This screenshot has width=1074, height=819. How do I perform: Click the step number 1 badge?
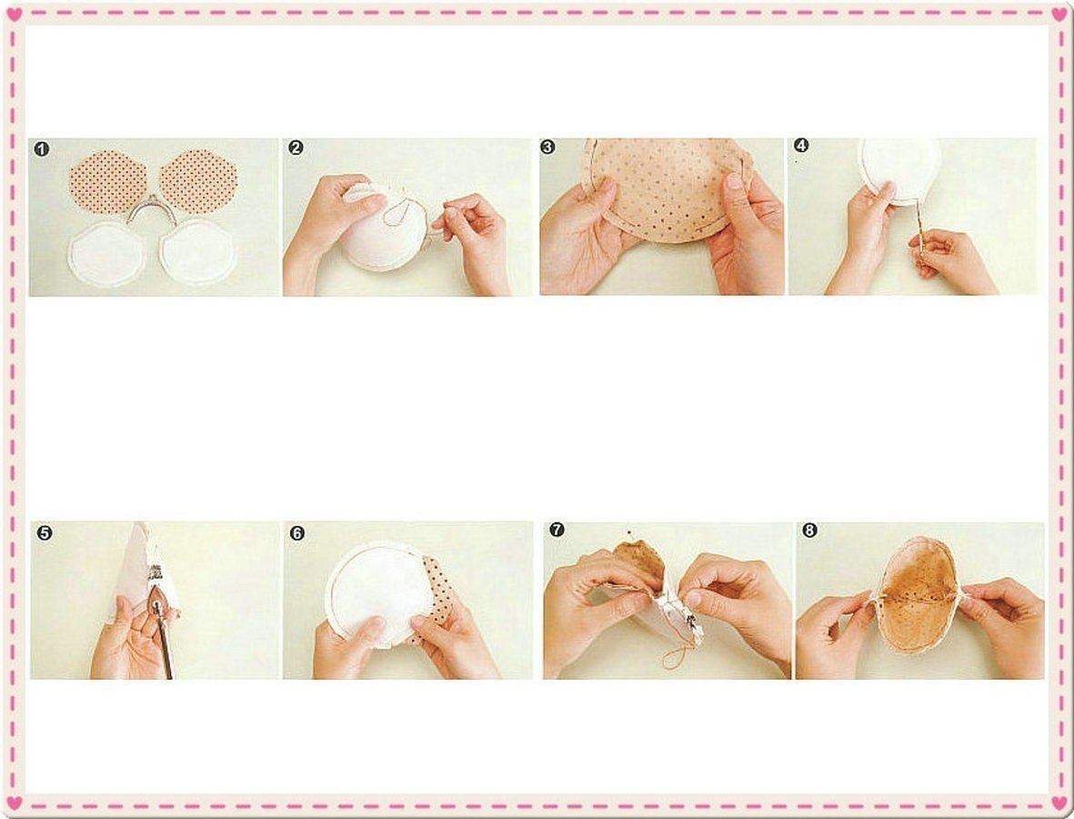coord(42,149)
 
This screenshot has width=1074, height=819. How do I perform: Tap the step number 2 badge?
coord(296,147)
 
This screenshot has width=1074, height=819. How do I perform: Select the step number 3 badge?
coord(548,147)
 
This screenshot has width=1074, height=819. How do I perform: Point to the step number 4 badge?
coord(800,146)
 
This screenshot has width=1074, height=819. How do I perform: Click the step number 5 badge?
coord(45,532)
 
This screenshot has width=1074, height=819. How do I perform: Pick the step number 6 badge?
coord(297,533)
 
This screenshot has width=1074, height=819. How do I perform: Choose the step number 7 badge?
coord(557,530)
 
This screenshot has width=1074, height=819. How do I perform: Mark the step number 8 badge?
coord(809,531)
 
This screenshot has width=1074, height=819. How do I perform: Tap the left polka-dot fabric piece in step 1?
coord(108,182)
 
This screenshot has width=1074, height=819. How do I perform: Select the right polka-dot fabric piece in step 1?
coord(198,182)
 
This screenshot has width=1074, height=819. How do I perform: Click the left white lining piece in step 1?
coord(106,254)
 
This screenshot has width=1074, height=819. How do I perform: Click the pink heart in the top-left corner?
coord(15,15)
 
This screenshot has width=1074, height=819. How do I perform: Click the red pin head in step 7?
coord(628,531)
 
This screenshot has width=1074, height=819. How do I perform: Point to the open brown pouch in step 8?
coord(918,593)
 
